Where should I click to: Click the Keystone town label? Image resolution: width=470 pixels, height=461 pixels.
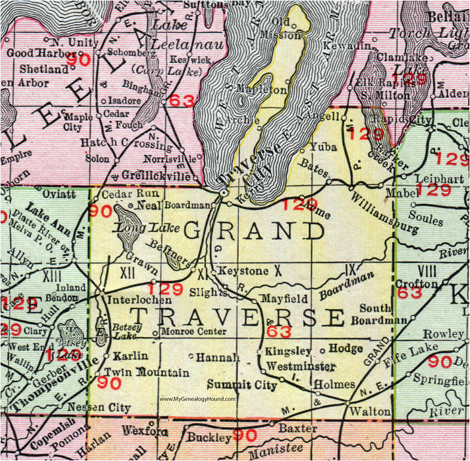point(243,272)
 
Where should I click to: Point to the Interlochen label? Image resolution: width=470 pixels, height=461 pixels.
point(131,298)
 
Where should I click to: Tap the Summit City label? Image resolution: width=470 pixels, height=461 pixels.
point(242,385)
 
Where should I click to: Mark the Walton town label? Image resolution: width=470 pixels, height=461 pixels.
point(372,412)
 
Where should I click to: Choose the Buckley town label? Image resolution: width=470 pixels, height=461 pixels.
point(209,438)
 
